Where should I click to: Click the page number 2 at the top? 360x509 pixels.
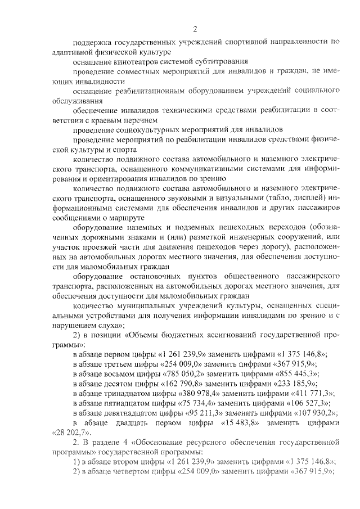[x=195, y=29]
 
